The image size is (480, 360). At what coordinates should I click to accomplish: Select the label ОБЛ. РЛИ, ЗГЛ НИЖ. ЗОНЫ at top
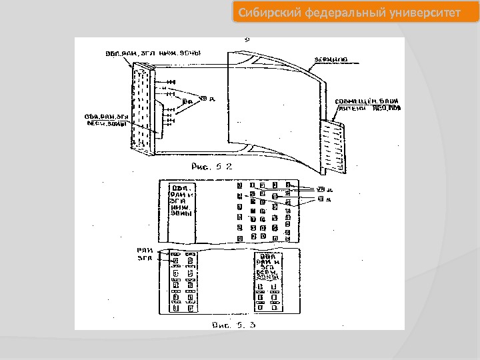pyautogui.click(x=153, y=53)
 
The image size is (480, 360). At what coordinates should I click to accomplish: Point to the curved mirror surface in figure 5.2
pyautogui.click(x=273, y=100)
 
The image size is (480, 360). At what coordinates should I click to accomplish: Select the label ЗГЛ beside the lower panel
pyautogui.click(x=145, y=259)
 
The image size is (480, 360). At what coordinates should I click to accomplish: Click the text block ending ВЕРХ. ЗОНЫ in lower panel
pyautogui.click(x=269, y=266)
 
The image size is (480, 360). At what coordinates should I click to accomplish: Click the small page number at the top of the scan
pyautogui.click(x=247, y=41)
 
